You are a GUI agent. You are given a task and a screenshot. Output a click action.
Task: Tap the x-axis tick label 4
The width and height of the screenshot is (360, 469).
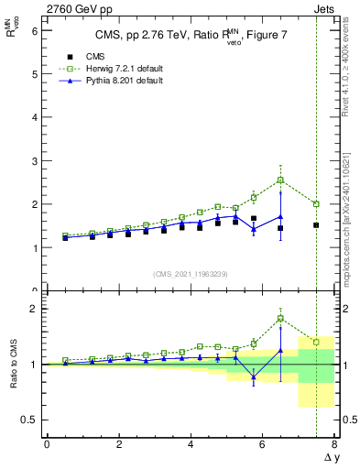coord(191,444)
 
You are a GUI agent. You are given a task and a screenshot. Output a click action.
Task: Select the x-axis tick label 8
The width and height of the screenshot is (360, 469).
coord(334,444)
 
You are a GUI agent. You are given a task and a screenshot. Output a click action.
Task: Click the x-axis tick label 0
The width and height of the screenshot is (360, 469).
coord(47,444)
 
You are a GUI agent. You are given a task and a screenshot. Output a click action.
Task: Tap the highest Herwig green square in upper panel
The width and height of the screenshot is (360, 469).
coord(280,180)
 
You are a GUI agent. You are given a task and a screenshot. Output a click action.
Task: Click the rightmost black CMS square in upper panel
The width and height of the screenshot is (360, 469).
coord(316,225)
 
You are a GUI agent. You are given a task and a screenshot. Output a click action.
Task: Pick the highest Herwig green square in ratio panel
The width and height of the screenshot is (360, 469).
coord(280,318)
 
